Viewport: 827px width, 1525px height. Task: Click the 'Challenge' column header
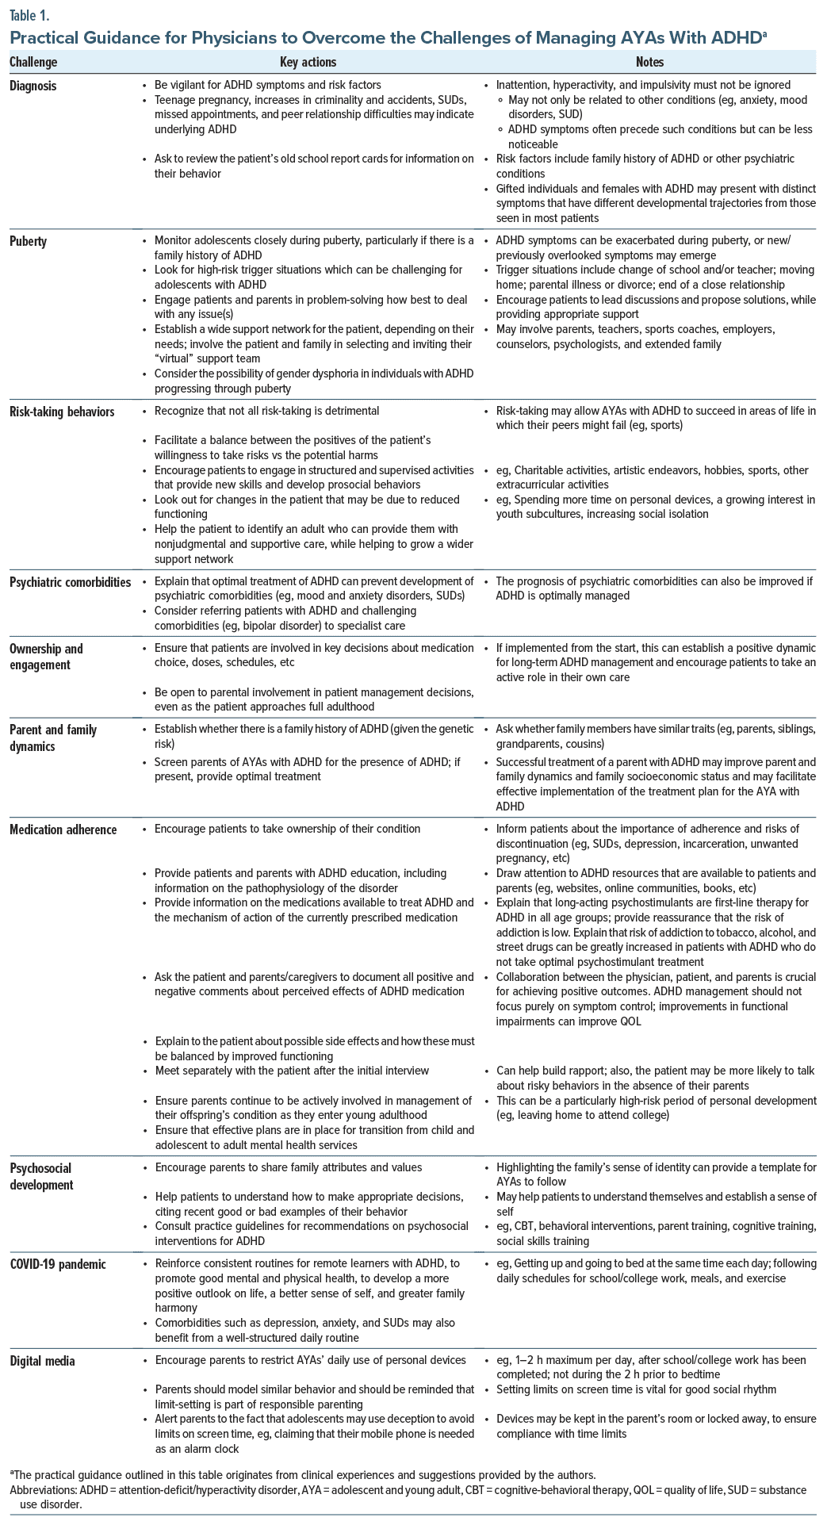pyautogui.click(x=33, y=62)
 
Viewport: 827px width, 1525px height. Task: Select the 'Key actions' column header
pyautogui.click(x=308, y=62)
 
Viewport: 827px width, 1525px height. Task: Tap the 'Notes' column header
pyautogui.click(x=649, y=62)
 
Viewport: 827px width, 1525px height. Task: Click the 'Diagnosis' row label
pyautogui.click(x=33, y=86)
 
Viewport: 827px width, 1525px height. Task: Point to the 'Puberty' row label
pyautogui.click(x=29, y=241)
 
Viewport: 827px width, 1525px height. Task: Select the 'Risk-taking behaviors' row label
pyautogui.click(x=62, y=412)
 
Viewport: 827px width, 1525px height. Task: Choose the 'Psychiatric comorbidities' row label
pyautogui.click(x=70, y=582)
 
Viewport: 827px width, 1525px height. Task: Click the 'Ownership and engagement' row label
pyautogui.click(x=46, y=657)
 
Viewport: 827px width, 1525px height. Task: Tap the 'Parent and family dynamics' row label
pyautogui.click(x=53, y=738)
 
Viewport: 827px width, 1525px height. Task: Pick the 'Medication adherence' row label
pyautogui.click(x=63, y=830)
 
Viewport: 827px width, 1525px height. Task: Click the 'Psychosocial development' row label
pyautogui.click(x=41, y=1176)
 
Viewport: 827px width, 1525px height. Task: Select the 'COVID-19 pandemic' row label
pyautogui.click(x=58, y=1264)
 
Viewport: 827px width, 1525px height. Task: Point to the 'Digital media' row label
pyautogui.click(x=42, y=1361)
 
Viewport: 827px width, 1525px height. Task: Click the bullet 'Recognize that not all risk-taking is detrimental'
pyautogui.click(x=266, y=411)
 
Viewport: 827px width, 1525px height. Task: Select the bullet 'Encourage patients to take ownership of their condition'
pyautogui.click(x=287, y=829)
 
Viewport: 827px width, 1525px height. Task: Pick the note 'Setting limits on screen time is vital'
pyautogui.click(x=636, y=1389)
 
